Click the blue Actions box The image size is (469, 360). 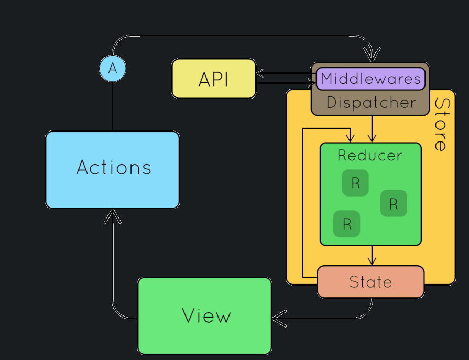click(x=112, y=169)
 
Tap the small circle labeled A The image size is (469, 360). click(x=113, y=68)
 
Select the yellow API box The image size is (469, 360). click(x=214, y=79)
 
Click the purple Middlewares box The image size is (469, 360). click(x=370, y=79)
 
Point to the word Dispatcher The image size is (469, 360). click(x=370, y=103)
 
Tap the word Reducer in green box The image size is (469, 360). click(x=370, y=156)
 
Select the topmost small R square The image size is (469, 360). click(x=355, y=183)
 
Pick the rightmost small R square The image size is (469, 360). click(x=394, y=203)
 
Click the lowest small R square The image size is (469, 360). click(x=346, y=224)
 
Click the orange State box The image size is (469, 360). click(x=370, y=282)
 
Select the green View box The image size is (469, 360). click(x=205, y=315)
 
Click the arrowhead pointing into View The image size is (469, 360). click(x=278, y=318)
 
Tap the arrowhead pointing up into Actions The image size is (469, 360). click(x=113, y=215)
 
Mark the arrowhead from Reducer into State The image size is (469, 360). click(x=372, y=260)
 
